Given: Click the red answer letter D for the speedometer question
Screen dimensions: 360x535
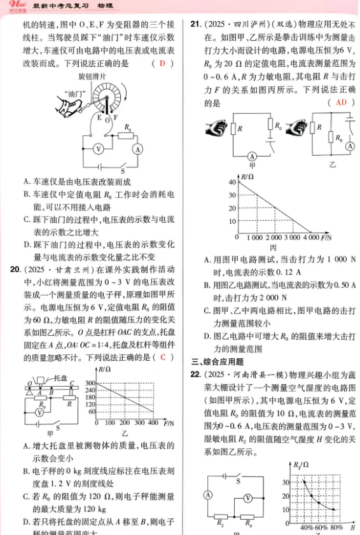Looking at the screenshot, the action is [162, 64].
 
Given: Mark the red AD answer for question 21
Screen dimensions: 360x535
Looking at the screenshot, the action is [339, 103].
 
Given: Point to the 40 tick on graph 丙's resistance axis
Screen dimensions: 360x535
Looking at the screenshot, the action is [232, 181].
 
